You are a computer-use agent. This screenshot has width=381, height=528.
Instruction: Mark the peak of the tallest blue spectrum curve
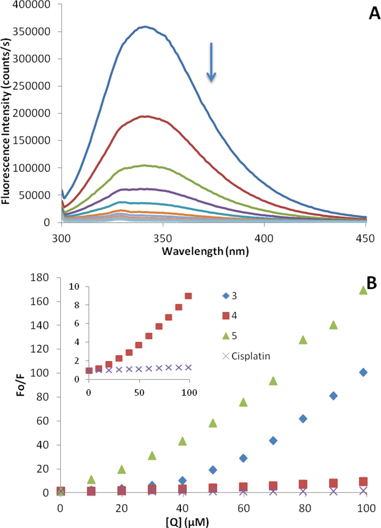click(x=145, y=27)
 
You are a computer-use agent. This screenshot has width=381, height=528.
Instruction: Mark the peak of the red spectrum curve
click(x=144, y=116)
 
